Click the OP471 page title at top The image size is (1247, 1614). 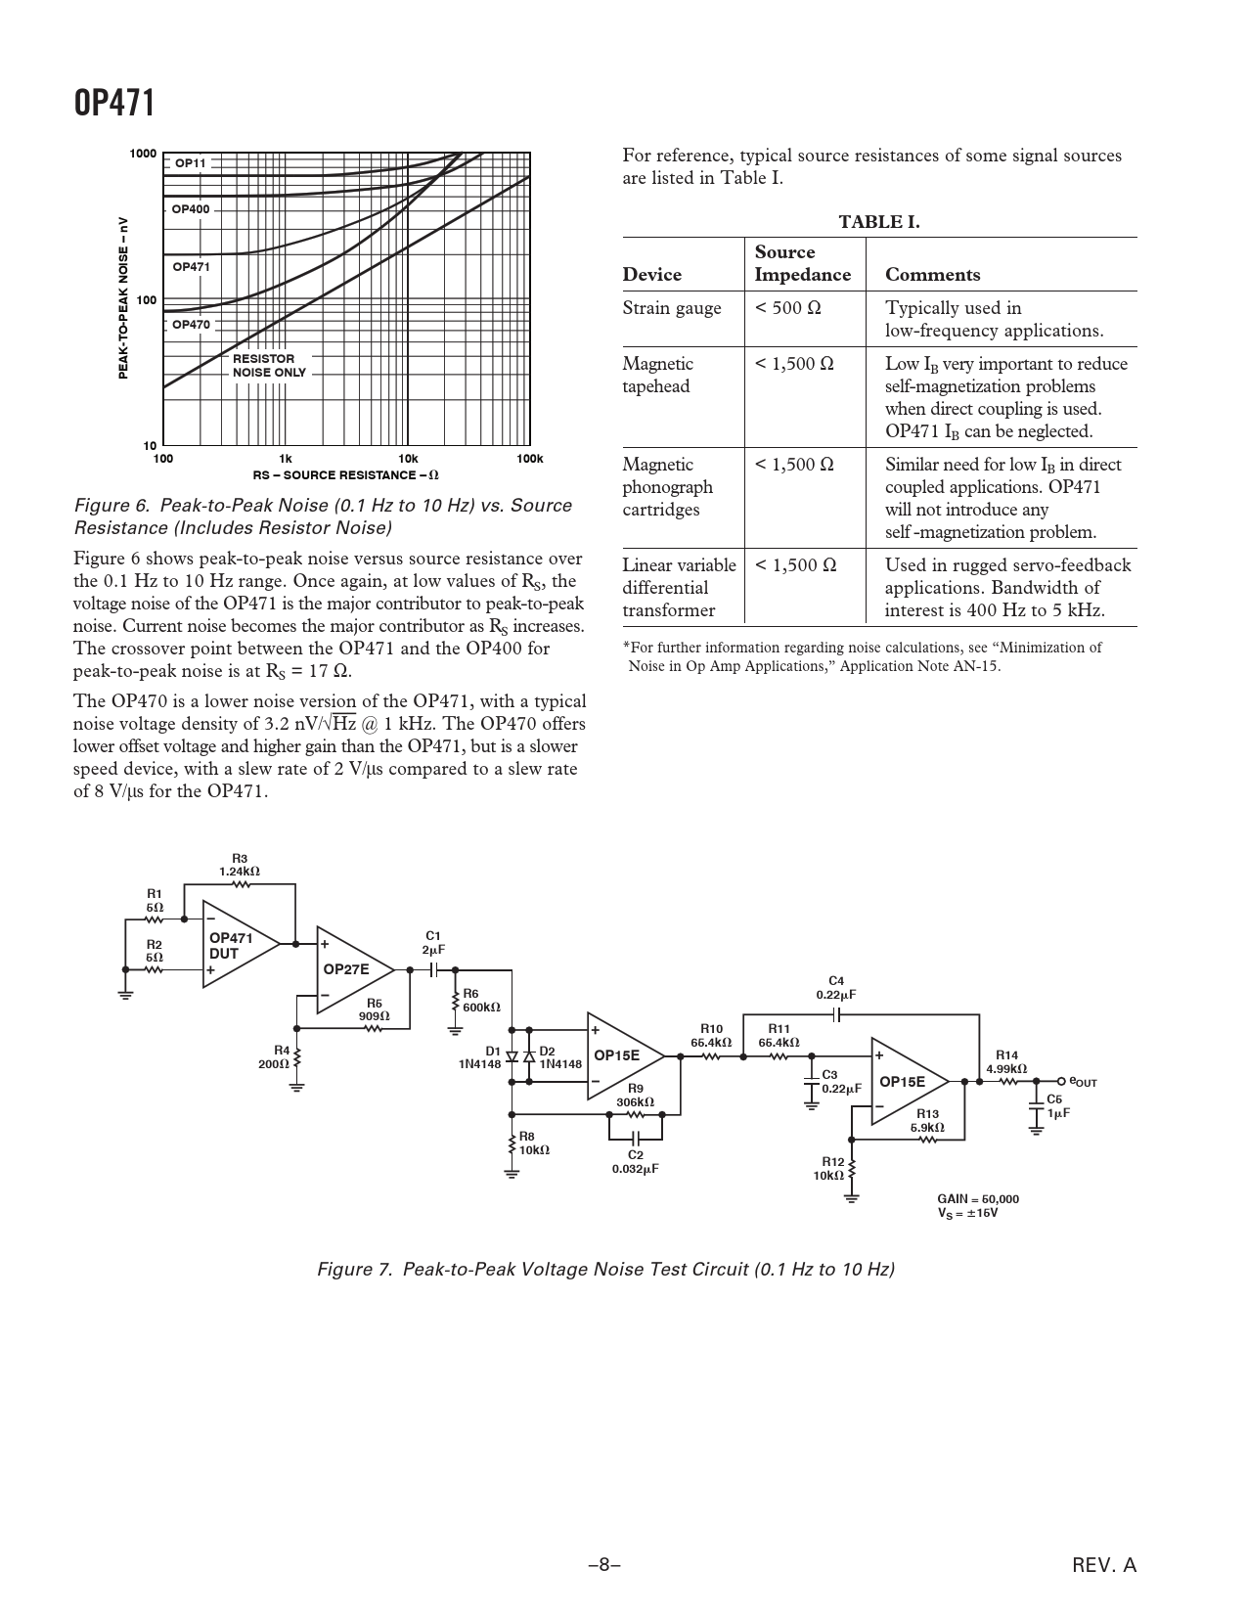(x=114, y=102)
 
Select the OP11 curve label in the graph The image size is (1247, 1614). (x=191, y=162)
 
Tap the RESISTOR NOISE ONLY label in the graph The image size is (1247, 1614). (x=269, y=366)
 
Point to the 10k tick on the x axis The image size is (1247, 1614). (x=408, y=459)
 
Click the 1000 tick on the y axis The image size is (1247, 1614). (x=144, y=154)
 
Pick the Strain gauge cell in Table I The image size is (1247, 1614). (x=672, y=308)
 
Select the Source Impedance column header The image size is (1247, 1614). (x=802, y=264)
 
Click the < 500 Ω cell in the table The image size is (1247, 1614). (x=788, y=308)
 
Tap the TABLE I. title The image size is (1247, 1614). (x=879, y=222)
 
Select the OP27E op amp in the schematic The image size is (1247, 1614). (x=349, y=969)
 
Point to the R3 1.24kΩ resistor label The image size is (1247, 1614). (x=240, y=865)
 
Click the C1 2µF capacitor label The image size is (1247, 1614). (x=433, y=943)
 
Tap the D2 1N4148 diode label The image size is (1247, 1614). (x=559, y=1057)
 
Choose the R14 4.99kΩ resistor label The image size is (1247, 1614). (x=1006, y=1062)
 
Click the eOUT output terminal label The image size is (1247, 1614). (x=1083, y=1082)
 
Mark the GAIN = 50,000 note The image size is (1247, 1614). (x=978, y=1198)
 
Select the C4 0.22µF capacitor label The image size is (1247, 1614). (x=836, y=987)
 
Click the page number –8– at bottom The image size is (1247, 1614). (x=604, y=1565)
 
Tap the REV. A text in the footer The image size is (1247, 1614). (x=1104, y=1565)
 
